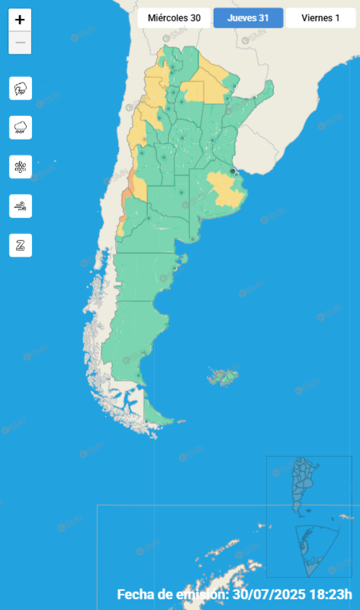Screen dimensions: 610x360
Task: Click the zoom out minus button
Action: pyautogui.click(x=20, y=43)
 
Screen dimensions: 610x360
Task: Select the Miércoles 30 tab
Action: pyautogui.click(x=174, y=18)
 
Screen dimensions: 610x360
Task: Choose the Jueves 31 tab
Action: pyautogui.click(x=248, y=18)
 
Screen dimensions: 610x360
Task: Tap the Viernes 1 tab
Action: pyautogui.click(x=320, y=18)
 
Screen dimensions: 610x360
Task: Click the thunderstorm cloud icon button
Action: pyautogui.click(x=21, y=88)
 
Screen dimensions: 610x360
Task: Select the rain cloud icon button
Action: pyautogui.click(x=21, y=127)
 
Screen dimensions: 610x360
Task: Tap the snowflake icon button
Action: pyautogui.click(x=21, y=166)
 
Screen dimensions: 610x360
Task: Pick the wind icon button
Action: pyautogui.click(x=21, y=206)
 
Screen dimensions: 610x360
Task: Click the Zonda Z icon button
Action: pyautogui.click(x=21, y=245)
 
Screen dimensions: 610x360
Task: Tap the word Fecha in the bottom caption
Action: pyautogui.click(x=137, y=595)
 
